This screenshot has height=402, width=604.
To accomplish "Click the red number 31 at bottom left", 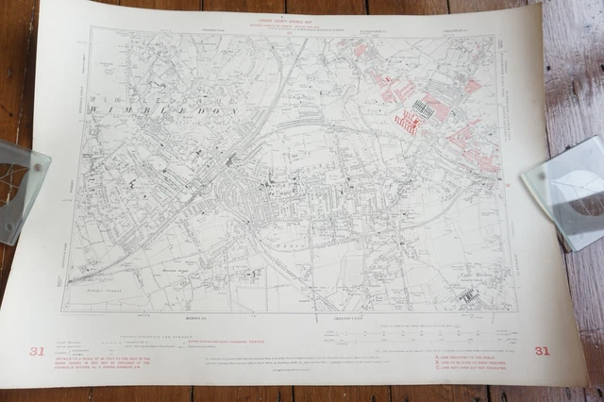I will pyautogui.click(x=37, y=352).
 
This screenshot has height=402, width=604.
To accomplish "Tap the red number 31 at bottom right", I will pyautogui.click(x=541, y=352).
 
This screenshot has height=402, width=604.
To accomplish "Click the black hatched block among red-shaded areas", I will pyautogui.click(x=424, y=109).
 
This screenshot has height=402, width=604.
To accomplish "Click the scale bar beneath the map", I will pyautogui.click(x=377, y=332).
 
